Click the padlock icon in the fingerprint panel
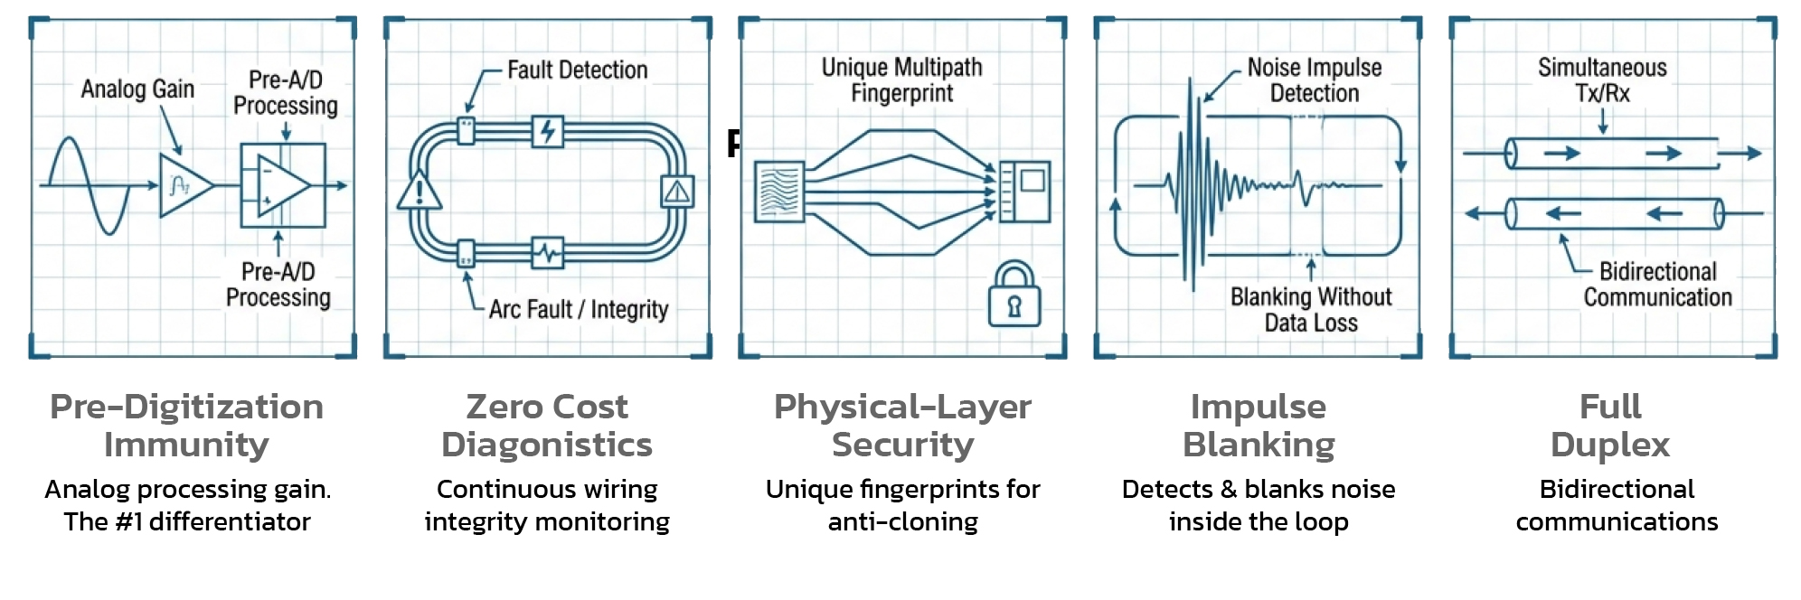point(1014,295)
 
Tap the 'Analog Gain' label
point(137,89)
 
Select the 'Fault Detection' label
point(577,70)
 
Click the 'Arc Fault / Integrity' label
point(578,310)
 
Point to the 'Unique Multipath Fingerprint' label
point(901,80)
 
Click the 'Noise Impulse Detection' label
point(1314,80)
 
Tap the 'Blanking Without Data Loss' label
point(1310,309)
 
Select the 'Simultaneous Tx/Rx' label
point(1602,80)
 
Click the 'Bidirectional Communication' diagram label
point(1657,284)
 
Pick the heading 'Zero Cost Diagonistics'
point(547,426)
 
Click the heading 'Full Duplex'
point(1610,426)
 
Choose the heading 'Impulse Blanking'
point(1259,426)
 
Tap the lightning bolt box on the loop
point(548,132)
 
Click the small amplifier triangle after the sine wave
point(184,185)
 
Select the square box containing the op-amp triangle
point(282,185)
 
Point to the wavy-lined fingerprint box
point(778,192)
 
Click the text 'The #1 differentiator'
point(187,521)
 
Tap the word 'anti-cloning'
point(902,521)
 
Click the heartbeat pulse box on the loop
point(548,254)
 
